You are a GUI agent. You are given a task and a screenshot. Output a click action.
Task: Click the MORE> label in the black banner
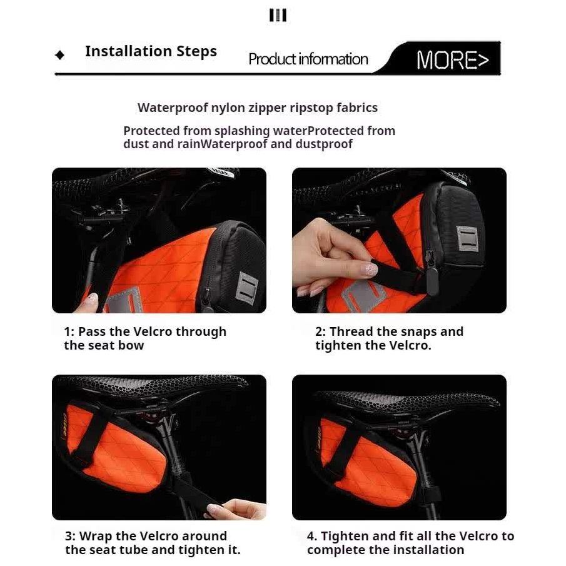click(x=452, y=60)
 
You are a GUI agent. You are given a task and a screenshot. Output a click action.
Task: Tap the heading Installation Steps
click(x=151, y=51)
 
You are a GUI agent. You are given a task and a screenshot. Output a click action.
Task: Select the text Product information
click(x=308, y=59)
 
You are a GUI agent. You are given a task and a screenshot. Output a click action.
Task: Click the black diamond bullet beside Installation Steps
click(x=59, y=55)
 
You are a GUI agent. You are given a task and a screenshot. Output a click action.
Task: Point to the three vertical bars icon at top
click(x=278, y=15)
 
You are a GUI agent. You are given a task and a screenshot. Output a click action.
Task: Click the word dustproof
click(x=324, y=144)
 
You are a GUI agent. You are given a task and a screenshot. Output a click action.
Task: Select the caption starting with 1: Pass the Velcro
click(x=145, y=338)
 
